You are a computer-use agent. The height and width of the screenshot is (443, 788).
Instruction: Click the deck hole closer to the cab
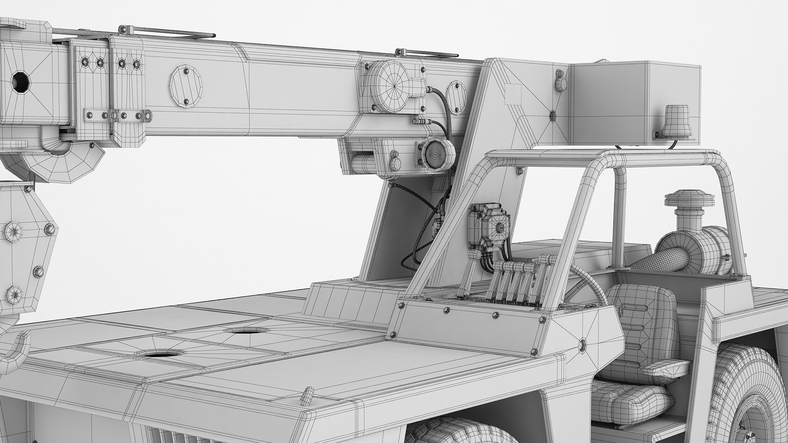[x=241, y=331]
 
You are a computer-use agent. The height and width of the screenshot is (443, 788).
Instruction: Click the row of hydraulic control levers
[x=513, y=281]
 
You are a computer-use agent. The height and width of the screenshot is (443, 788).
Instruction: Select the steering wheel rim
[x=591, y=283]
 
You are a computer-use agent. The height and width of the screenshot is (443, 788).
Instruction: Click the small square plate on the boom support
[x=512, y=91]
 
